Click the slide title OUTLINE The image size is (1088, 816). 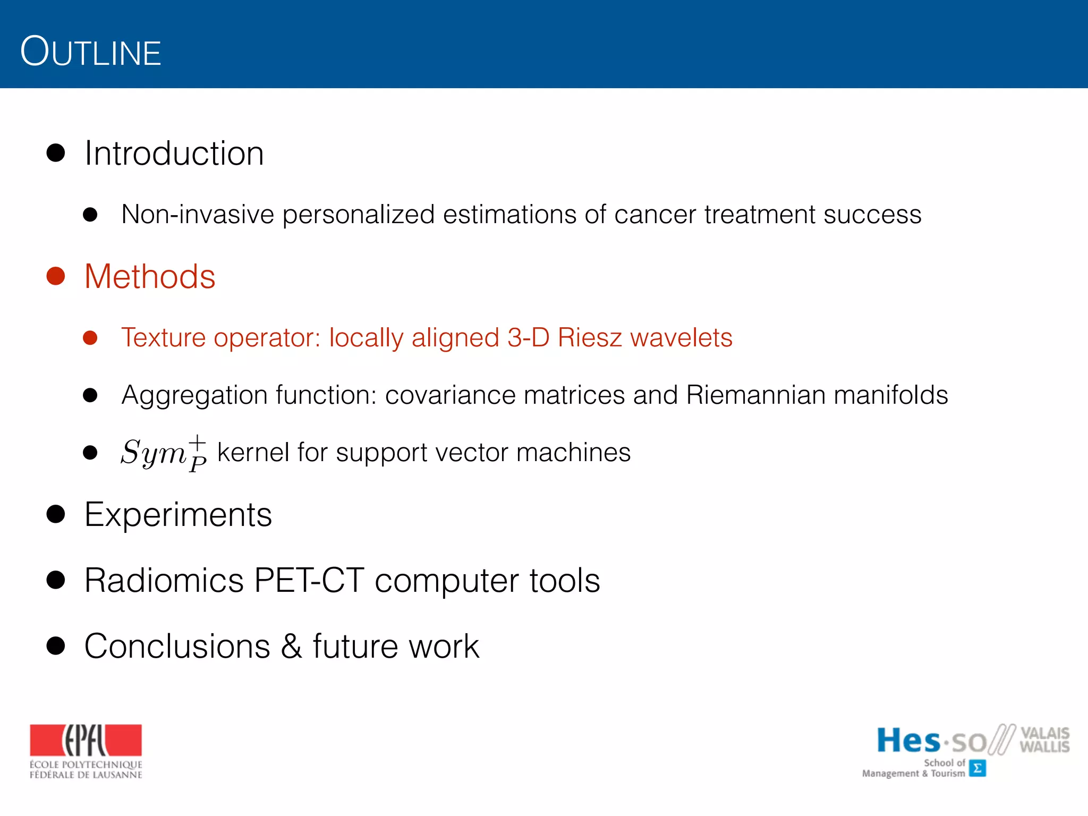tap(90, 52)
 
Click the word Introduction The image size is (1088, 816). tap(174, 154)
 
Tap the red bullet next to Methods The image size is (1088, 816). tap(56, 276)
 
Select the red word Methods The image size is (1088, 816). tap(150, 277)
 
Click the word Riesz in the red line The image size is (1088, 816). tap(589, 338)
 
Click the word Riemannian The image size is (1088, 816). tap(755, 395)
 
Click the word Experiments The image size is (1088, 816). tap(178, 515)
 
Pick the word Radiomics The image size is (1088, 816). tap(164, 580)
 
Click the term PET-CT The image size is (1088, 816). tap(309, 580)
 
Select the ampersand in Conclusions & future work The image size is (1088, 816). tap(291, 647)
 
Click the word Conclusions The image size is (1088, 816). tap(177, 647)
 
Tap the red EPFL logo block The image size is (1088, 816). tap(86, 740)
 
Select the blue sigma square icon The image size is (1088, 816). tap(977, 768)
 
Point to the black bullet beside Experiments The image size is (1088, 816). tap(56, 514)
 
